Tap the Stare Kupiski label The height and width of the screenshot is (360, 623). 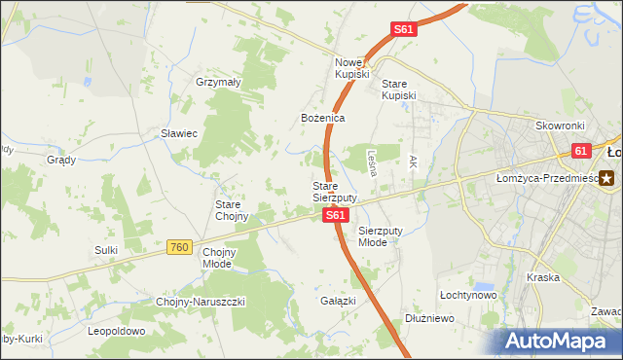398,90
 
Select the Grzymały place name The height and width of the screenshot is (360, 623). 218,83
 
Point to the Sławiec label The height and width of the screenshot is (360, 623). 179,133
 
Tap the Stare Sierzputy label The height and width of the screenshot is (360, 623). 334,191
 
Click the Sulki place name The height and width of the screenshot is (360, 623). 106,250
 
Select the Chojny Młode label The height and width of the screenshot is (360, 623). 218,257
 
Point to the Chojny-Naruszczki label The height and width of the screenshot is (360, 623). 202,302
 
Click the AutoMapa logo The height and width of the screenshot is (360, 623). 555,342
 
